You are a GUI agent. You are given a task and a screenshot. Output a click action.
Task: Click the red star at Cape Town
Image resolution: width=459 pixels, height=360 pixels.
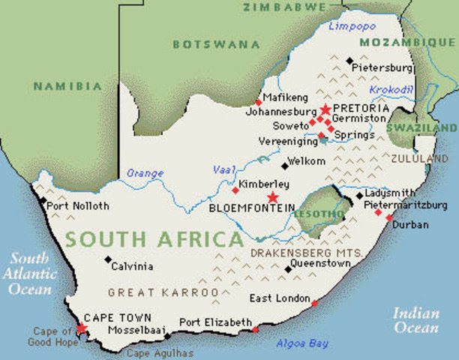[x=82, y=328]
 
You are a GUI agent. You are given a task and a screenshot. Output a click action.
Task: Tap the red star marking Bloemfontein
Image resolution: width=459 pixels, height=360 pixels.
[x=272, y=197]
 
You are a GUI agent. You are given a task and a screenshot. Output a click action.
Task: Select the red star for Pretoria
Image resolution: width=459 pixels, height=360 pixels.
[x=325, y=109]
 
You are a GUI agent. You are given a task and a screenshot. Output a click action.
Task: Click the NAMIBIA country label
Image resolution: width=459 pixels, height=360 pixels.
[x=67, y=86]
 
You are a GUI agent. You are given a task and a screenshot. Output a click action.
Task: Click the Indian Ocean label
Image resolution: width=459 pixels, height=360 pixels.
[x=415, y=320]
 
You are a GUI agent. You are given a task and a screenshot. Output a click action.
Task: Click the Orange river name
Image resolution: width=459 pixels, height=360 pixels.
[x=145, y=173]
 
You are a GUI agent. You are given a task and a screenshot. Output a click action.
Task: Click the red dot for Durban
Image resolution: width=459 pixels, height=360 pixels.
[x=389, y=217]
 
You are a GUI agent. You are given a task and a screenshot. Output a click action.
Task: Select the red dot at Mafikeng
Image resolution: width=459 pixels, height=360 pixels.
[x=259, y=102]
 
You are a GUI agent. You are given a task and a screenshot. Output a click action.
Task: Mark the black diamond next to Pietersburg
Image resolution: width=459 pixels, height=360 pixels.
[x=349, y=60]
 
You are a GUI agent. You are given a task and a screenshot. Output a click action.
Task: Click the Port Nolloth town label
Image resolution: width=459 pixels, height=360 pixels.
[x=77, y=206]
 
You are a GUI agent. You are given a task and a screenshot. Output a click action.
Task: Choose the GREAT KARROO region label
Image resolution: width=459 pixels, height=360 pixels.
[x=163, y=292]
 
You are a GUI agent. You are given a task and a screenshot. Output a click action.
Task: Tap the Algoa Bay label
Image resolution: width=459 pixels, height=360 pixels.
[x=303, y=343]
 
